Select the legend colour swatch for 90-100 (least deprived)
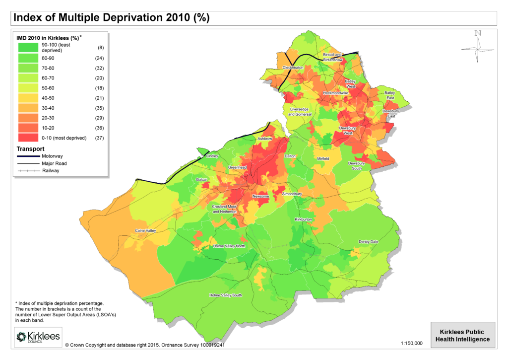(x=28, y=48)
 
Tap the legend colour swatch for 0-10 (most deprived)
(x=28, y=138)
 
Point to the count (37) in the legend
(x=101, y=138)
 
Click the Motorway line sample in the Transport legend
(x=29, y=156)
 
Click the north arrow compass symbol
(x=477, y=47)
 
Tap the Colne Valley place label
(x=145, y=231)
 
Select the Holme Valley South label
(x=226, y=295)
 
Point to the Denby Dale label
(x=369, y=241)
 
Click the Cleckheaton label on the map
(x=293, y=67)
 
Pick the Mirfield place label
(x=323, y=158)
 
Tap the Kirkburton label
(x=303, y=219)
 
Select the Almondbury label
(x=292, y=193)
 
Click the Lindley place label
(x=212, y=156)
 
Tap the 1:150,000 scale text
(x=411, y=343)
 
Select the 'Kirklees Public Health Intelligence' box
(x=462, y=335)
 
